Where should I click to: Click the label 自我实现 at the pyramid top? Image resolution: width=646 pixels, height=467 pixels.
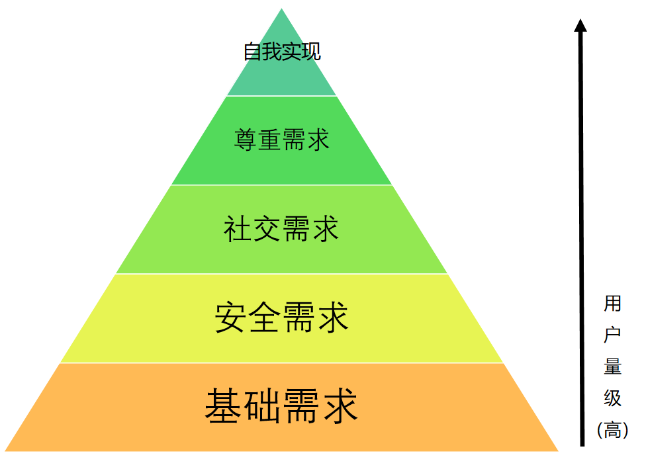(282, 52)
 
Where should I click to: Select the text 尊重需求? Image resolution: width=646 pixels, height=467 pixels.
(282, 140)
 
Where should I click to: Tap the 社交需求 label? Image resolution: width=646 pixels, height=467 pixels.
(281, 230)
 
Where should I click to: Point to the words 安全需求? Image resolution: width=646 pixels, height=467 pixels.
(281, 318)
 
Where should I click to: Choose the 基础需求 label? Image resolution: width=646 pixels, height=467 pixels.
(281, 406)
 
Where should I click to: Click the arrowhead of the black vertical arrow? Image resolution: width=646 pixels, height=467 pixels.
(580, 26)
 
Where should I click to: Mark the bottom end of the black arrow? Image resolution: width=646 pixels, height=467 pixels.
(582, 445)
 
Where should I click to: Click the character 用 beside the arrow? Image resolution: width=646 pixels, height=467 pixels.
(612, 304)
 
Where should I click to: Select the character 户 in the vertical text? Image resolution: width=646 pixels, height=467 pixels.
(612, 335)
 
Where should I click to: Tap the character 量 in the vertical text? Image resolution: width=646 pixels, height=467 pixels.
(612, 366)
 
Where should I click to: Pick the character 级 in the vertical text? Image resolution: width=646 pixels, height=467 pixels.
(612, 398)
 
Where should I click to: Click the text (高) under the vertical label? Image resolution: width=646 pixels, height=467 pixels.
(612, 430)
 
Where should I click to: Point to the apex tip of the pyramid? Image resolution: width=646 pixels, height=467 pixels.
(282, 9)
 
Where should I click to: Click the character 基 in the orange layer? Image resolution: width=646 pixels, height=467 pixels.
(223, 406)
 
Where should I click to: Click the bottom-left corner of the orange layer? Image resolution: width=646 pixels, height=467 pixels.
(6, 450)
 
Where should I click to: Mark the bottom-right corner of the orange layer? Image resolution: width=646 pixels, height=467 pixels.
(557, 450)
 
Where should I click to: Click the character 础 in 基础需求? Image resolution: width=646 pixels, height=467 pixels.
(262, 406)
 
